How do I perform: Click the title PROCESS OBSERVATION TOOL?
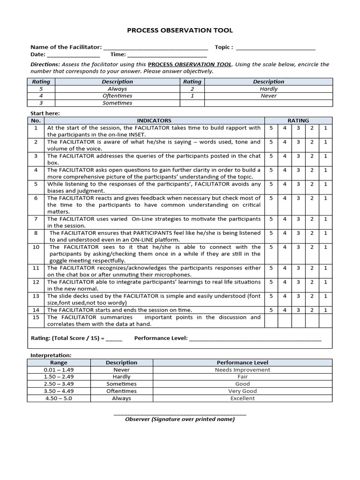pyautogui.click(x=180, y=30)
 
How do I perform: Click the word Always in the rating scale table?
pyautogui.click(x=117, y=89)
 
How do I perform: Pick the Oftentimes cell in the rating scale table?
pyautogui.click(x=117, y=96)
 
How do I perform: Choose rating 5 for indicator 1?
pyautogui.click(x=271, y=127)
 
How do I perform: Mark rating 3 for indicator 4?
pyautogui.click(x=298, y=170)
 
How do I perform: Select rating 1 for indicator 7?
pyautogui.click(x=325, y=219)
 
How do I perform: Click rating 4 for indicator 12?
pyautogui.click(x=285, y=282)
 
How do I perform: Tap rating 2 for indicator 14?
pyautogui.click(x=312, y=310)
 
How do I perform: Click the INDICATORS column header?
pyautogui.click(x=154, y=120)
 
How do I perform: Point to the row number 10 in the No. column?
pyautogui.click(x=36, y=247)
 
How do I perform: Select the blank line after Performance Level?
pyautogui.click(x=255, y=339)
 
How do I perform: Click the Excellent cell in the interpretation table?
pyautogui.click(x=242, y=398)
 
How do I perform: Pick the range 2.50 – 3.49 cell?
pyautogui.click(x=59, y=384)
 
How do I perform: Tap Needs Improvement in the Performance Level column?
pyautogui.click(x=242, y=370)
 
